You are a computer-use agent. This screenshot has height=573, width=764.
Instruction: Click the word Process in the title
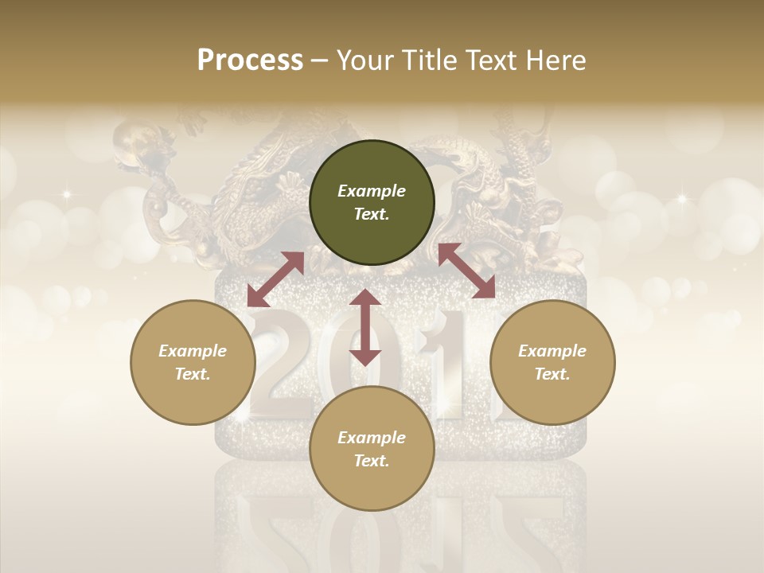[x=250, y=60]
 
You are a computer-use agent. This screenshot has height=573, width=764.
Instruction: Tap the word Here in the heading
[x=555, y=60]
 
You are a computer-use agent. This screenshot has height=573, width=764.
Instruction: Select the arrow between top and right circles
[x=467, y=271]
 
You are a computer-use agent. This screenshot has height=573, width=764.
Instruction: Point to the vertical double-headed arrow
[x=365, y=327]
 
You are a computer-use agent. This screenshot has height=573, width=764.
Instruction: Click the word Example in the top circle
[x=372, y=191]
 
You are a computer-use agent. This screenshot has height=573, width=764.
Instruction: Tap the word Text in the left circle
[x=192, y=374]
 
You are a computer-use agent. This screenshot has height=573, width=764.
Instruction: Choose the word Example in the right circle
[x=552, y=351]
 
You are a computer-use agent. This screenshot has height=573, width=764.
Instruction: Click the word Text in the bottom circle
[x=371, y=461]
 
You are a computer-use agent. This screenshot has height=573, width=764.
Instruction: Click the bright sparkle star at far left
[x=67, y=193]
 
